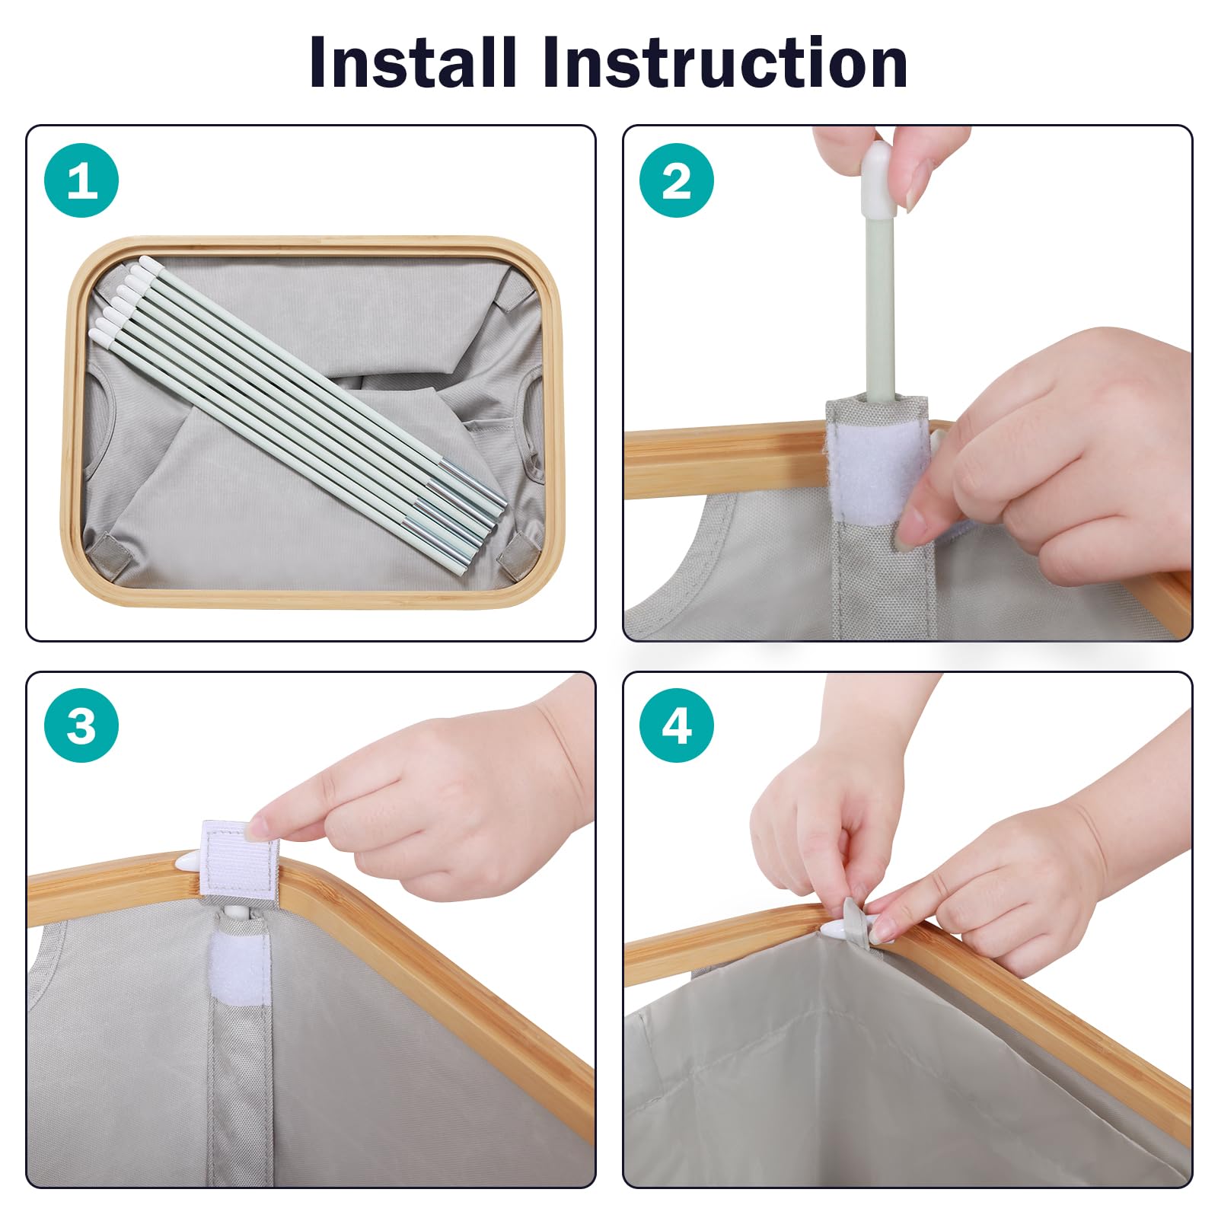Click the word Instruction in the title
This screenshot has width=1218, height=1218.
pos(725,62)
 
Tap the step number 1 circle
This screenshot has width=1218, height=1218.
pos(81,181)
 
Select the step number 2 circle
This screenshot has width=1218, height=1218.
pos(677,181)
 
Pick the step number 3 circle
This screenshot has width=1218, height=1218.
pos(81,725)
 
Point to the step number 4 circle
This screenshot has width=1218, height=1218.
pos(677,725)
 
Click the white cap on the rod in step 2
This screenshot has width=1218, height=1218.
pos(876,177)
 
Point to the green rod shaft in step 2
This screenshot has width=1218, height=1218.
pos(876,304)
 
